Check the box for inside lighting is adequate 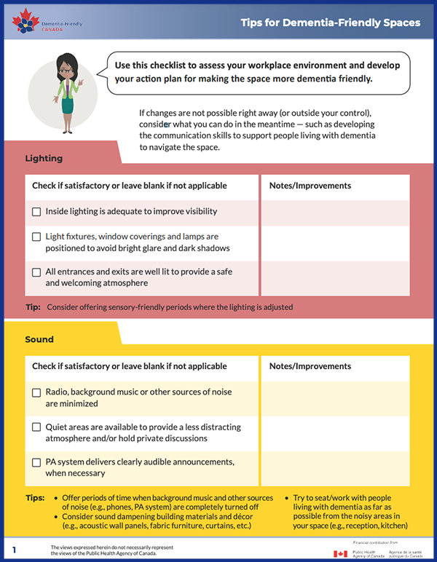[x=36, y=212]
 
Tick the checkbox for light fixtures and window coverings [x=36, y=237]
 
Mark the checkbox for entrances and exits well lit [x=36, y=272]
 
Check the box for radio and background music [x=36, y=393]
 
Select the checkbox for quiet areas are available [x=36, y=427]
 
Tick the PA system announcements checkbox [x=36, y=462]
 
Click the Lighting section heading [x=44, y=158]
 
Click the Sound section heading [x=39, y=339]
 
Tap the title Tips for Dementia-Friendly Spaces [x=331, y=23]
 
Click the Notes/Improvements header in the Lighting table [x=310, y=186]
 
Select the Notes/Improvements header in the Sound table [x=310, y=366]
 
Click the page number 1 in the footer [x=15, y=549]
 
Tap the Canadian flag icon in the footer [x=340, y=554]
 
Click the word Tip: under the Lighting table [x=33, y=307]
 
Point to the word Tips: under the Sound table [x=35, y=498]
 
